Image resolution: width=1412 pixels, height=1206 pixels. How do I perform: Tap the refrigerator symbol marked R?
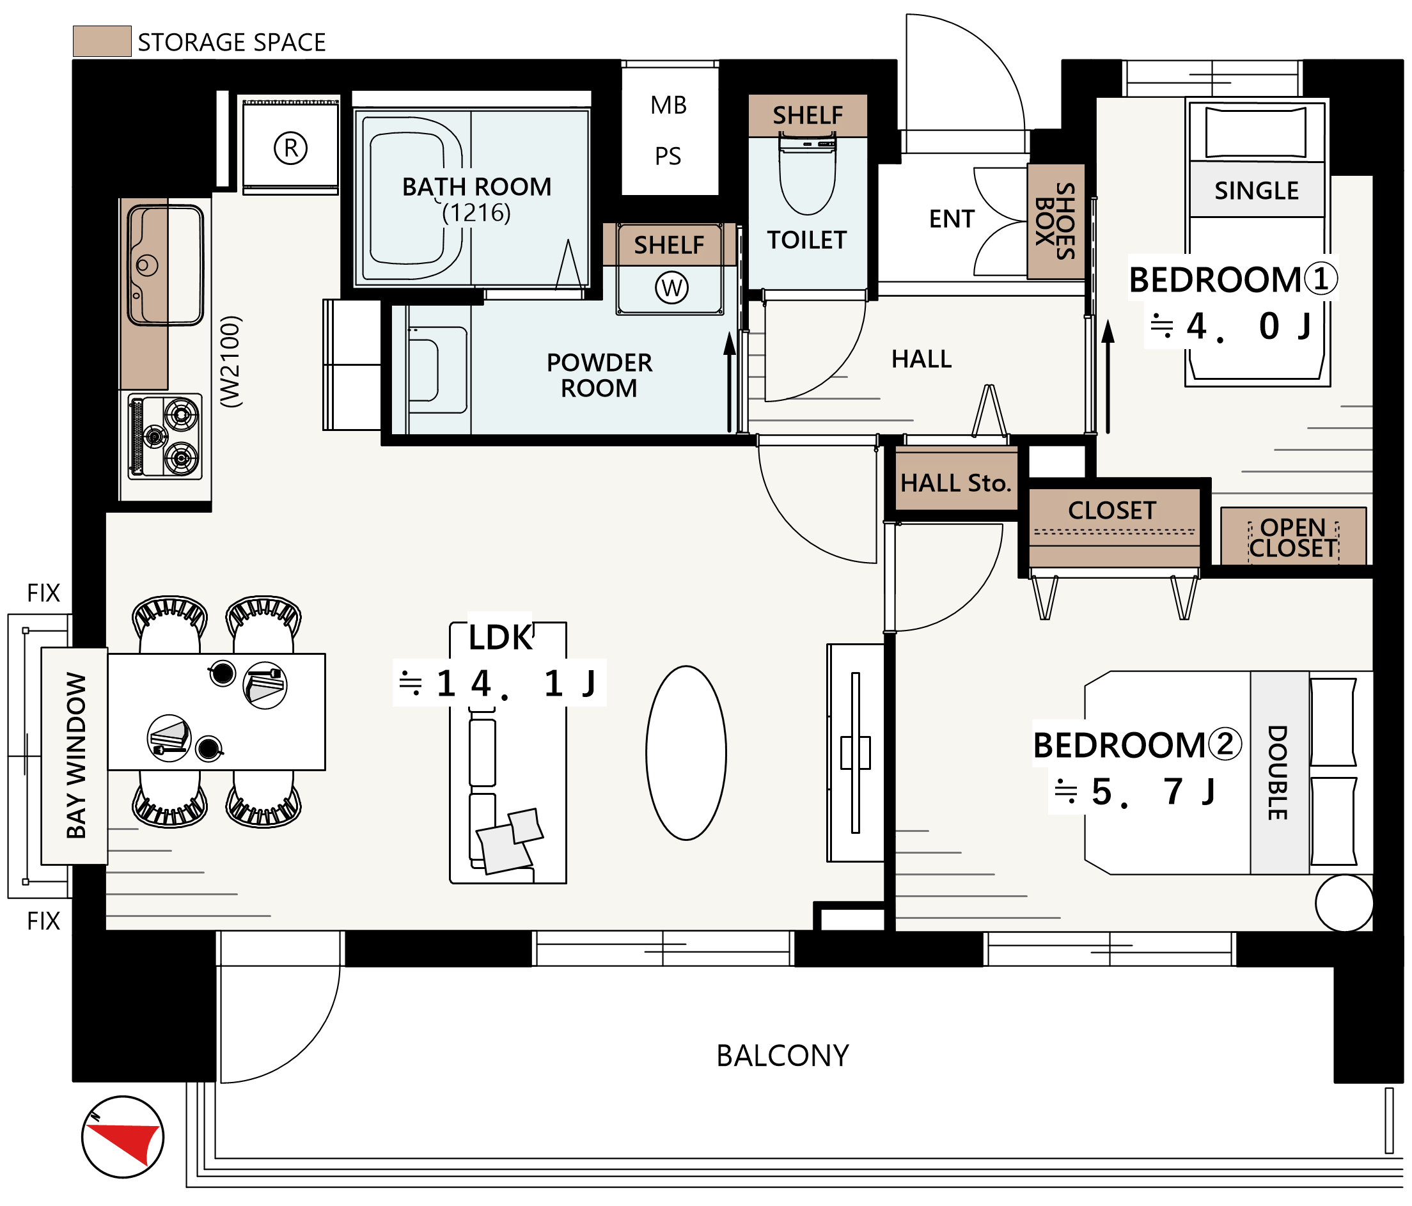(x=291, y=147)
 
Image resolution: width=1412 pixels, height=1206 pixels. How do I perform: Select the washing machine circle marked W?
(x=672, y=288)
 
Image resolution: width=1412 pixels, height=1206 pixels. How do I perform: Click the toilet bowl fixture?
(x=808, y=175)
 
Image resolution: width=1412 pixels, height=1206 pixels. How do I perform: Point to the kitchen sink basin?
(x=166, y=265)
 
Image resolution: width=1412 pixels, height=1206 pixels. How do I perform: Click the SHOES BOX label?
(x=1056, y=221)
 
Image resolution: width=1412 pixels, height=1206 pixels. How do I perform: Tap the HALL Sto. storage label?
(x=955, y=483)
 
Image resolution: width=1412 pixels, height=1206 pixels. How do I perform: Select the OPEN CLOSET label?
(x=1294, y=538)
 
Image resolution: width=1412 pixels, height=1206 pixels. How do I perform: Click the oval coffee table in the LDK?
(x=686, y=753)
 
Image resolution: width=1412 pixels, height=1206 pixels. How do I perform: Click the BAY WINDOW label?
(x=75, y=756)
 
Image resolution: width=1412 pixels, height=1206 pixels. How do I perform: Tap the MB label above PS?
(x=668, y=105)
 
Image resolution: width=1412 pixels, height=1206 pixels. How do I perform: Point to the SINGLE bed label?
(x=1257, y=190)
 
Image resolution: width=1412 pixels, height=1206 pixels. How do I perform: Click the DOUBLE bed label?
(x=1278, y=772)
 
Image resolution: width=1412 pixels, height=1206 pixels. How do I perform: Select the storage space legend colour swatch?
(x=102, y=41)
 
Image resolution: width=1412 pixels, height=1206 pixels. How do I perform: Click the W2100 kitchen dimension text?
(x=231, y=362)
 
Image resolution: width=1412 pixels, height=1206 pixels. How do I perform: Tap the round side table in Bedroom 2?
(x=1344, y=903)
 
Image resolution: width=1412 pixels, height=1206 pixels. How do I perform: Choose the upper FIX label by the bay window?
(x=43, y=593)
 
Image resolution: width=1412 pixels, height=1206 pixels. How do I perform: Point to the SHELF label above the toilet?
(x=808, y=115)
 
